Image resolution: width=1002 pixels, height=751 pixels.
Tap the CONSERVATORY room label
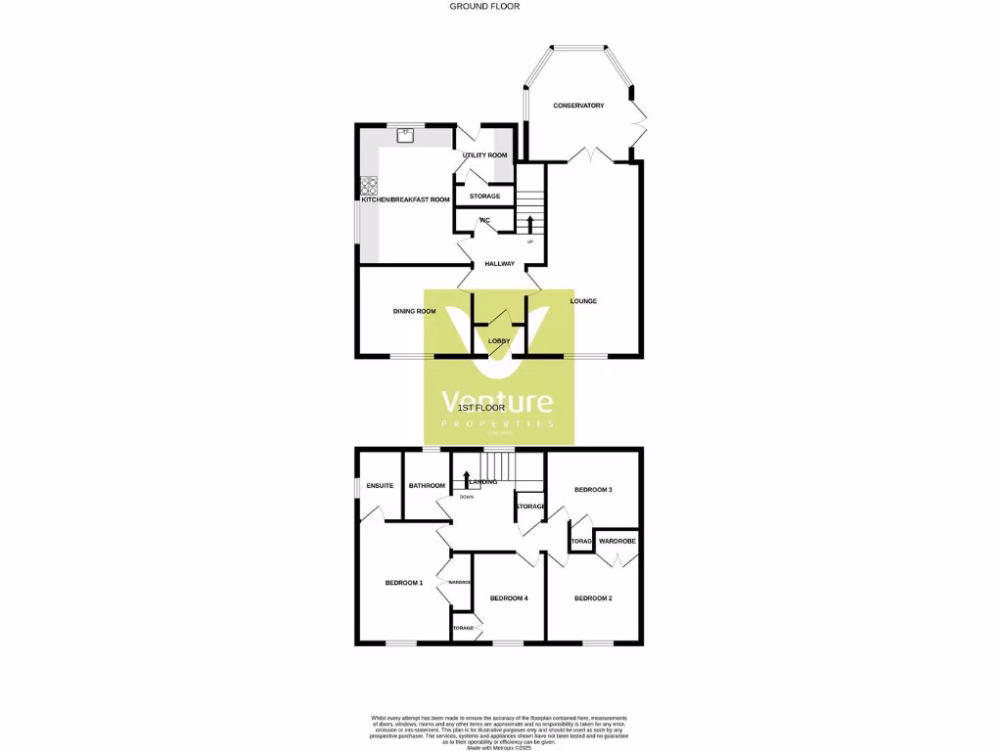tap(578, 106)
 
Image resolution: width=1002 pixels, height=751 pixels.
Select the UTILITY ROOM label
tap(484, 155)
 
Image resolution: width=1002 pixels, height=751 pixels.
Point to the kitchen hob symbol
tap(369, 185)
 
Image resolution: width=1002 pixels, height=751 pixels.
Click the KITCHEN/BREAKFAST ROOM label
tap(405, 199)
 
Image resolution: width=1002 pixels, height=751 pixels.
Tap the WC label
tap(484, 221)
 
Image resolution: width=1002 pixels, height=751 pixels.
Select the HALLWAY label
tap(499, 264)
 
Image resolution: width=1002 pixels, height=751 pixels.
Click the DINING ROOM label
tap(414, 311)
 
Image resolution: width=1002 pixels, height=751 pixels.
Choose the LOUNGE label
tap(583, 300)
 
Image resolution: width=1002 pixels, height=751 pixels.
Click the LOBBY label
tap(499, 340)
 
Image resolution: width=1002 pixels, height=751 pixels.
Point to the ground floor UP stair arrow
tap(530, 227)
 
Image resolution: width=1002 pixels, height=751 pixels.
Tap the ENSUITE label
tap(380, 485)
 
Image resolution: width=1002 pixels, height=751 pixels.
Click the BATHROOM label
tap(427, 485)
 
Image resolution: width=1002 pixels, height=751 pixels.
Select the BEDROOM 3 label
tap(593, 489)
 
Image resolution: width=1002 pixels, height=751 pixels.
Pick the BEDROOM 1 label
tap(403, 583)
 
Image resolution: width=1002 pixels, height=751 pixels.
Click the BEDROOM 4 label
tap(509, 598)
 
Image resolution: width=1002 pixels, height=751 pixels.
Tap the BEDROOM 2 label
tap(593, 598)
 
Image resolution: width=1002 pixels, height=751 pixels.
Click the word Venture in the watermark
tap(497, 402)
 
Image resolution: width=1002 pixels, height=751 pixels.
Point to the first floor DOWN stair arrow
tap(467, 479)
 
